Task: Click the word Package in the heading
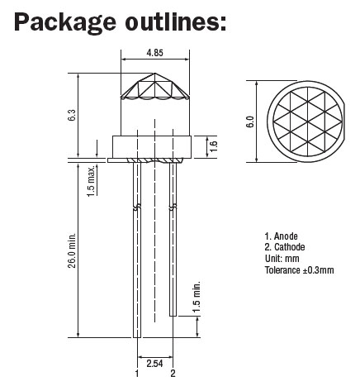pos(65,22)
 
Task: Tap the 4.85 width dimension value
pos(155,53)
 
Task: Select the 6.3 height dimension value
pos(72,115)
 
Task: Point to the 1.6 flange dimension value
pos(214,146)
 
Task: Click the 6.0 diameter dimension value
pos(249,122)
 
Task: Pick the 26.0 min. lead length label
pos(72,250)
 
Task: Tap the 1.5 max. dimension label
pos(91,181)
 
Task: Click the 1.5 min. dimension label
pos(196,298)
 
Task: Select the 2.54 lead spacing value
pos(154,364)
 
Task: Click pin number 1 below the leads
pos(137,374)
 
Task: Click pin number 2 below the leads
pos(173,374)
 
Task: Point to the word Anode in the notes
pos(286,236)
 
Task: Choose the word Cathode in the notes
pos(290,247)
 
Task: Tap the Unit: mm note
pos(282,259)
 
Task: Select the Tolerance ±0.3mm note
pos(300,269)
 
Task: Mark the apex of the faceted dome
pos(155,74)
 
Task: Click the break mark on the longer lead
pos(137,207)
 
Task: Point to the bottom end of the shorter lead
pos(173,316)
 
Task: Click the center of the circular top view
pos(308,122)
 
